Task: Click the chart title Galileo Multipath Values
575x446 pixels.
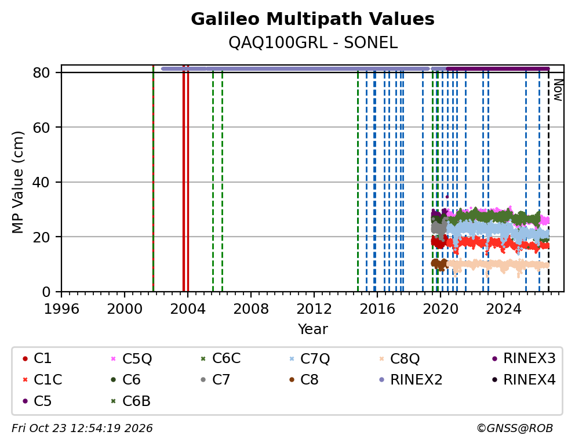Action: coord(312,19)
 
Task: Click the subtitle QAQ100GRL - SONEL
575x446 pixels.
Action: coord(313,43)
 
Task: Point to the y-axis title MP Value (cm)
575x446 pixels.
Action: coord(17,182)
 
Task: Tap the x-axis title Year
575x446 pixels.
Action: coord(312,329)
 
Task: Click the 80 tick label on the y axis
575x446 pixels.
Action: coord(41,72)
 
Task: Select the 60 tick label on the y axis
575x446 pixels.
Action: coord(41,127)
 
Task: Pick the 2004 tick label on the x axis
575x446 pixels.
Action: coord(187,309)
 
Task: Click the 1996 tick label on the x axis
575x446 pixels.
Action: coord(61,309)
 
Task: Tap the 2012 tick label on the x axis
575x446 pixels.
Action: coord(314,309)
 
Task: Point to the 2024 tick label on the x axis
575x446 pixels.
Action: coord(504,309)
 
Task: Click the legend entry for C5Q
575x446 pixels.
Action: coord(131,358)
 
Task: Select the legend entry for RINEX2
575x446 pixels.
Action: coord(410,380)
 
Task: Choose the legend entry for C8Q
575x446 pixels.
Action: coord(399,358)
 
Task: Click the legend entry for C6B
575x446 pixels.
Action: coord(130,401)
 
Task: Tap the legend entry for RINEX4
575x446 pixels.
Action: coord(523,380)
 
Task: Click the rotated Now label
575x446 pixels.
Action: coord(558,90)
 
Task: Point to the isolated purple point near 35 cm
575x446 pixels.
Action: coord(447,197)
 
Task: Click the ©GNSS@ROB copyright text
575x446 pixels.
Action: coord(515,428)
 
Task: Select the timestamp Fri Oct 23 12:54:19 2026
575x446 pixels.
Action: coord(82,428)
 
